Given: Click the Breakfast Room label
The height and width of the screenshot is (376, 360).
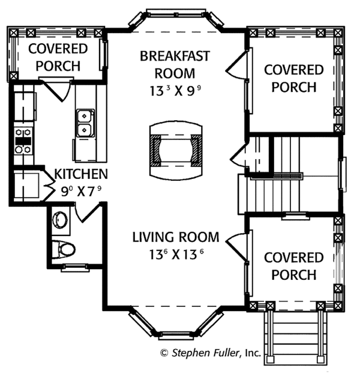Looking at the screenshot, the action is click(x=175, y=64).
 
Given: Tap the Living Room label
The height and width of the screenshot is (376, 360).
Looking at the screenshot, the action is click(x=176, y=237).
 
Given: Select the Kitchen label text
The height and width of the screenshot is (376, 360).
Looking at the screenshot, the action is click(x=81, y=174).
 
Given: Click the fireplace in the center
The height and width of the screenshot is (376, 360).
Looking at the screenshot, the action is click(x=176, y=150).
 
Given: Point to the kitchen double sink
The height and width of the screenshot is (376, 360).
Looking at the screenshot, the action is click(x=85, y=123).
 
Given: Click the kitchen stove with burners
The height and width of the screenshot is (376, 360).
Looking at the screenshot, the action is click(x=23, y=141).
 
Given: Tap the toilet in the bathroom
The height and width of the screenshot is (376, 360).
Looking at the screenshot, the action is click(x=64, y=250).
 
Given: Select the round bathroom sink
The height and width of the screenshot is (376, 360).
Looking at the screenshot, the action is click(x=60, y=219).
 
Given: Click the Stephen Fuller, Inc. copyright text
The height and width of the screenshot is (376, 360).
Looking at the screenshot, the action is click(x=211, y=353).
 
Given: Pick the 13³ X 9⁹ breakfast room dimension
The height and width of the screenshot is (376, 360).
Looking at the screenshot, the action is click(x=175, y=91).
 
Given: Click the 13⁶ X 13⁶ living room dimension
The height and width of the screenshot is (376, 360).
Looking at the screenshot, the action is click(x=176, y=255).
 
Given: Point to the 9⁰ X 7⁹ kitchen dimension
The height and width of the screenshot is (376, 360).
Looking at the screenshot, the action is click(x=81, y=192).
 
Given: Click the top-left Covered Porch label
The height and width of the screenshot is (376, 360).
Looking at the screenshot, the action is click(x=58, y=57).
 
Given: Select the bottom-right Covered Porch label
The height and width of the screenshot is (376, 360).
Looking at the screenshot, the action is click(x=294, y=266).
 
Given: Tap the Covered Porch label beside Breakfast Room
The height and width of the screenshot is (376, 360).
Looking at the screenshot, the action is click(x=294, y=78).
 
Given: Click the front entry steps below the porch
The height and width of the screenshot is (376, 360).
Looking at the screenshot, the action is click(x=295, y=338).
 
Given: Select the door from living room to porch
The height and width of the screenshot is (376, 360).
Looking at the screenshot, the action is click(x=236, y=246).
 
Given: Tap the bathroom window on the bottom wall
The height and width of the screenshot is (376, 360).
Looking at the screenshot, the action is click(x=75, y=268).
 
